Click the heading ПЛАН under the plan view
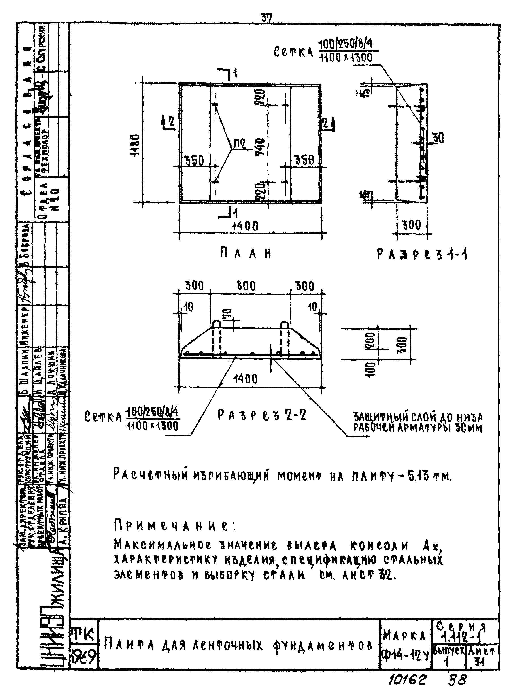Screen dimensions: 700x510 click(x=246, y=254)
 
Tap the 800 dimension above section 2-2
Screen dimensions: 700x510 click(x=246, y=286)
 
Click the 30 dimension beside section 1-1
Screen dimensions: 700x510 click(x=438, y=138)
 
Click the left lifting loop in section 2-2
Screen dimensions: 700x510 click(x=216, y=324)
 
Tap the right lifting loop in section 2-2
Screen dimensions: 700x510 click(x=284, y=324)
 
